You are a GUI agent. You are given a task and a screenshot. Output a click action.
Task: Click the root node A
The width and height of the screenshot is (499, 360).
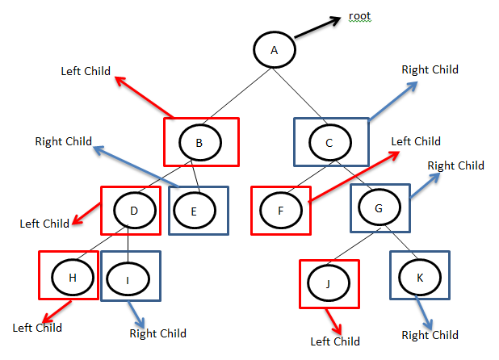click(x=275, y=50)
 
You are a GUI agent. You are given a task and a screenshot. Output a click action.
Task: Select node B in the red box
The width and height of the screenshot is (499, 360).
click(x=199, y=143)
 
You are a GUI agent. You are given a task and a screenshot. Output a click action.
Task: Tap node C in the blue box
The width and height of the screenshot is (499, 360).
click(x=329, y=143)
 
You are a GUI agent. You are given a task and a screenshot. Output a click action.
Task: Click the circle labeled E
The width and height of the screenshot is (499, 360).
click(x=195, y=211)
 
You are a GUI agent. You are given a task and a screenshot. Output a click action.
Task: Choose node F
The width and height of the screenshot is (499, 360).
click(x=280, y=211)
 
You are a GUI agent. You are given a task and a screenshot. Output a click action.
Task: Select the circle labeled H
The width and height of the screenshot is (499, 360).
click(x=72, y=277)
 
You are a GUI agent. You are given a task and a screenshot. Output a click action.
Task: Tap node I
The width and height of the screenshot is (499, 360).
click(x=128, y=278)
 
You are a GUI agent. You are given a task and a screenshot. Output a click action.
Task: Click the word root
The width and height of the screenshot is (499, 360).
click(x=360, y=16)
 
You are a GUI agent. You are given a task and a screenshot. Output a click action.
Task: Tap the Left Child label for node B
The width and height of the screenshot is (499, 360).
click(x=86, y=70)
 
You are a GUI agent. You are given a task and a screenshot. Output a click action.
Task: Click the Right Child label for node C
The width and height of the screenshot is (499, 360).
click(x=430, y=69)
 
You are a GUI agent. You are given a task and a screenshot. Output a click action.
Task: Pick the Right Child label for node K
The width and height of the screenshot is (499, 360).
click(x=430, y=335)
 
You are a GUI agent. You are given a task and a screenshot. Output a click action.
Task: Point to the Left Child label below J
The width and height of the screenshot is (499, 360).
click(x=335, y=341)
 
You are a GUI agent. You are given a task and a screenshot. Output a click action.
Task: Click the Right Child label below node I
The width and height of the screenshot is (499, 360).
click(x=157, y=333)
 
